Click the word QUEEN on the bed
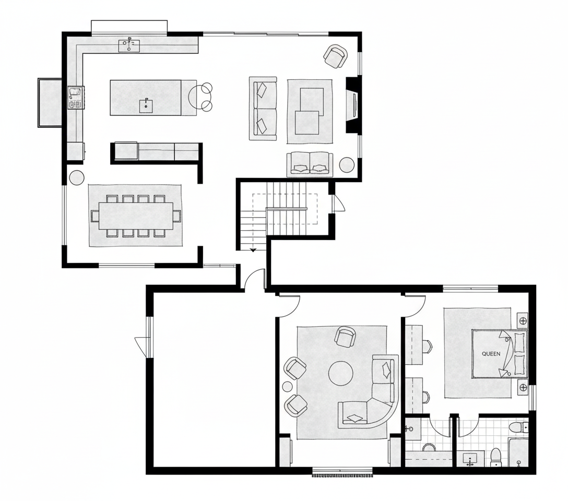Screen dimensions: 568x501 [x=491, y=354]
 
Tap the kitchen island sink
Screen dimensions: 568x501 [x=146, y=106]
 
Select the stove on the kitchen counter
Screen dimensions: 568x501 [x=76, y=98]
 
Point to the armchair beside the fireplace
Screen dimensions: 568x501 [x=336, y=56]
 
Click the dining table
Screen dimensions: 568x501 [x=136, y=216]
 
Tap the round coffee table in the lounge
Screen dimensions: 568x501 [x=340, y=373]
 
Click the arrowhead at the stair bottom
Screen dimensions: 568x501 [x=253, y=250]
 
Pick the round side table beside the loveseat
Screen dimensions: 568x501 [x=347, y=165]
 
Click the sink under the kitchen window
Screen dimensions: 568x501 [x=129, y=45]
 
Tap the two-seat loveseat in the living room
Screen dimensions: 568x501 [x=310, y=164]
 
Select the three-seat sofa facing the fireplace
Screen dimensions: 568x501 [x=263, y=108]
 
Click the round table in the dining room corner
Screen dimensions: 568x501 [x=76, y=178]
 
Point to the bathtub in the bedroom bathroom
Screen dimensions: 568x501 [x=518, y=452]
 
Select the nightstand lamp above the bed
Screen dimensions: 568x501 [x=523, y=321]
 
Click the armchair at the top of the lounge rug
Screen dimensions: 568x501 [x=345, y=337]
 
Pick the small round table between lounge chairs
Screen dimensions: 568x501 [x=288, y=387]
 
